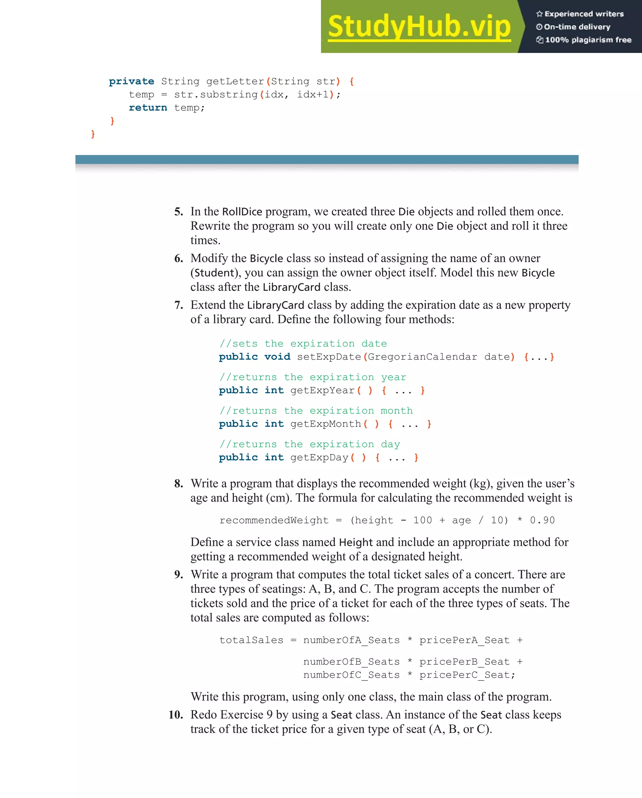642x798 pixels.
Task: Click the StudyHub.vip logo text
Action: tap(419, 26)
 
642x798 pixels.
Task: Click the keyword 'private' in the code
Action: tap(131, 82)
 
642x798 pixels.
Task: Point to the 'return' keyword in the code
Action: tap(148, 108)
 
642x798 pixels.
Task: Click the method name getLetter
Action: tap(235, 82)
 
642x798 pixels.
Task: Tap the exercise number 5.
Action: tap(179, 212)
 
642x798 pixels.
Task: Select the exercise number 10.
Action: tap(176, 714)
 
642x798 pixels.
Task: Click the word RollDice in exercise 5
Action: tap(242, 212)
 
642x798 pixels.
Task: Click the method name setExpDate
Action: tap(329, 357)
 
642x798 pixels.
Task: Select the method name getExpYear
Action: tap(322, 390)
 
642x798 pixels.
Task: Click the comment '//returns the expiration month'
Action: tap(316, 410)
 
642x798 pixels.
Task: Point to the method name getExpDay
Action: tap(319, 457)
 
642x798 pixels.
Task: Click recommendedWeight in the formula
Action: tap(274, 521)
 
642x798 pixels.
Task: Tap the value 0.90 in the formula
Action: tap(542, 521)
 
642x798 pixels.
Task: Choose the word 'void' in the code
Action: tap(277, 357)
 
